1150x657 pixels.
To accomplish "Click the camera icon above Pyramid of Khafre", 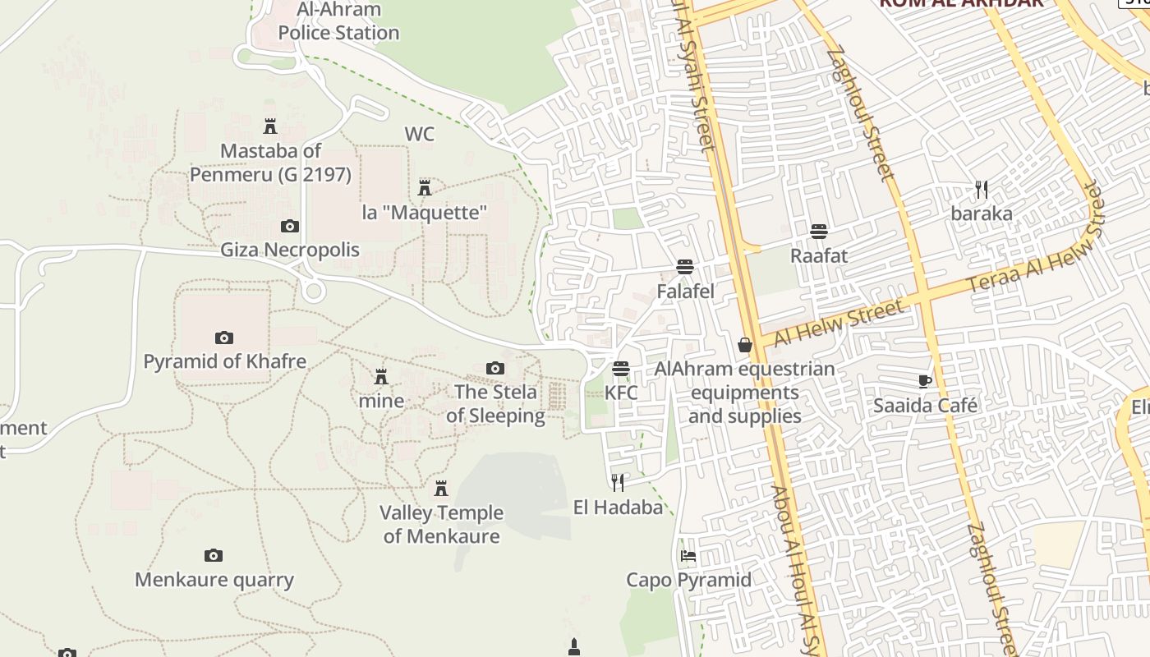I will [223, 338].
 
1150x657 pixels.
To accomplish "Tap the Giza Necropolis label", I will [289, 250].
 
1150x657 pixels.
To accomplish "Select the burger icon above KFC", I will [621, 369].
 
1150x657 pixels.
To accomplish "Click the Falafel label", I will [685, 292].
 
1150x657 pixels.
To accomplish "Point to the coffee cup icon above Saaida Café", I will [925, 381].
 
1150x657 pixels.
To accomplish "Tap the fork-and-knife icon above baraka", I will [982, 190].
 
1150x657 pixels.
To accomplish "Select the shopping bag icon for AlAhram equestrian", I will [745, 345].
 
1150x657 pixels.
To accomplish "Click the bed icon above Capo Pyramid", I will [688, 556].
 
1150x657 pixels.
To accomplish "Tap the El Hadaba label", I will [618, 508].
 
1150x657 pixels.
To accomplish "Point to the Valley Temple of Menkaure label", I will [441, 524].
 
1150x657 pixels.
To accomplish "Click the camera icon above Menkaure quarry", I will [214, 556].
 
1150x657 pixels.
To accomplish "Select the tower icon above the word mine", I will [381, 377].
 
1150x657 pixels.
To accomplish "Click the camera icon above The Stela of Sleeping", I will [495, 369].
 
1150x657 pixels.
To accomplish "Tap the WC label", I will [419, 134].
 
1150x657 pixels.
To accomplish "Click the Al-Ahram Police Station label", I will [338, 22].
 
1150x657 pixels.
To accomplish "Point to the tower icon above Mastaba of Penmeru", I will [270, 126].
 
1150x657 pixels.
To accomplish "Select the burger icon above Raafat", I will [818, 232].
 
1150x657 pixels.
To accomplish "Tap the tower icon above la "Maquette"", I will [425, 188].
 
